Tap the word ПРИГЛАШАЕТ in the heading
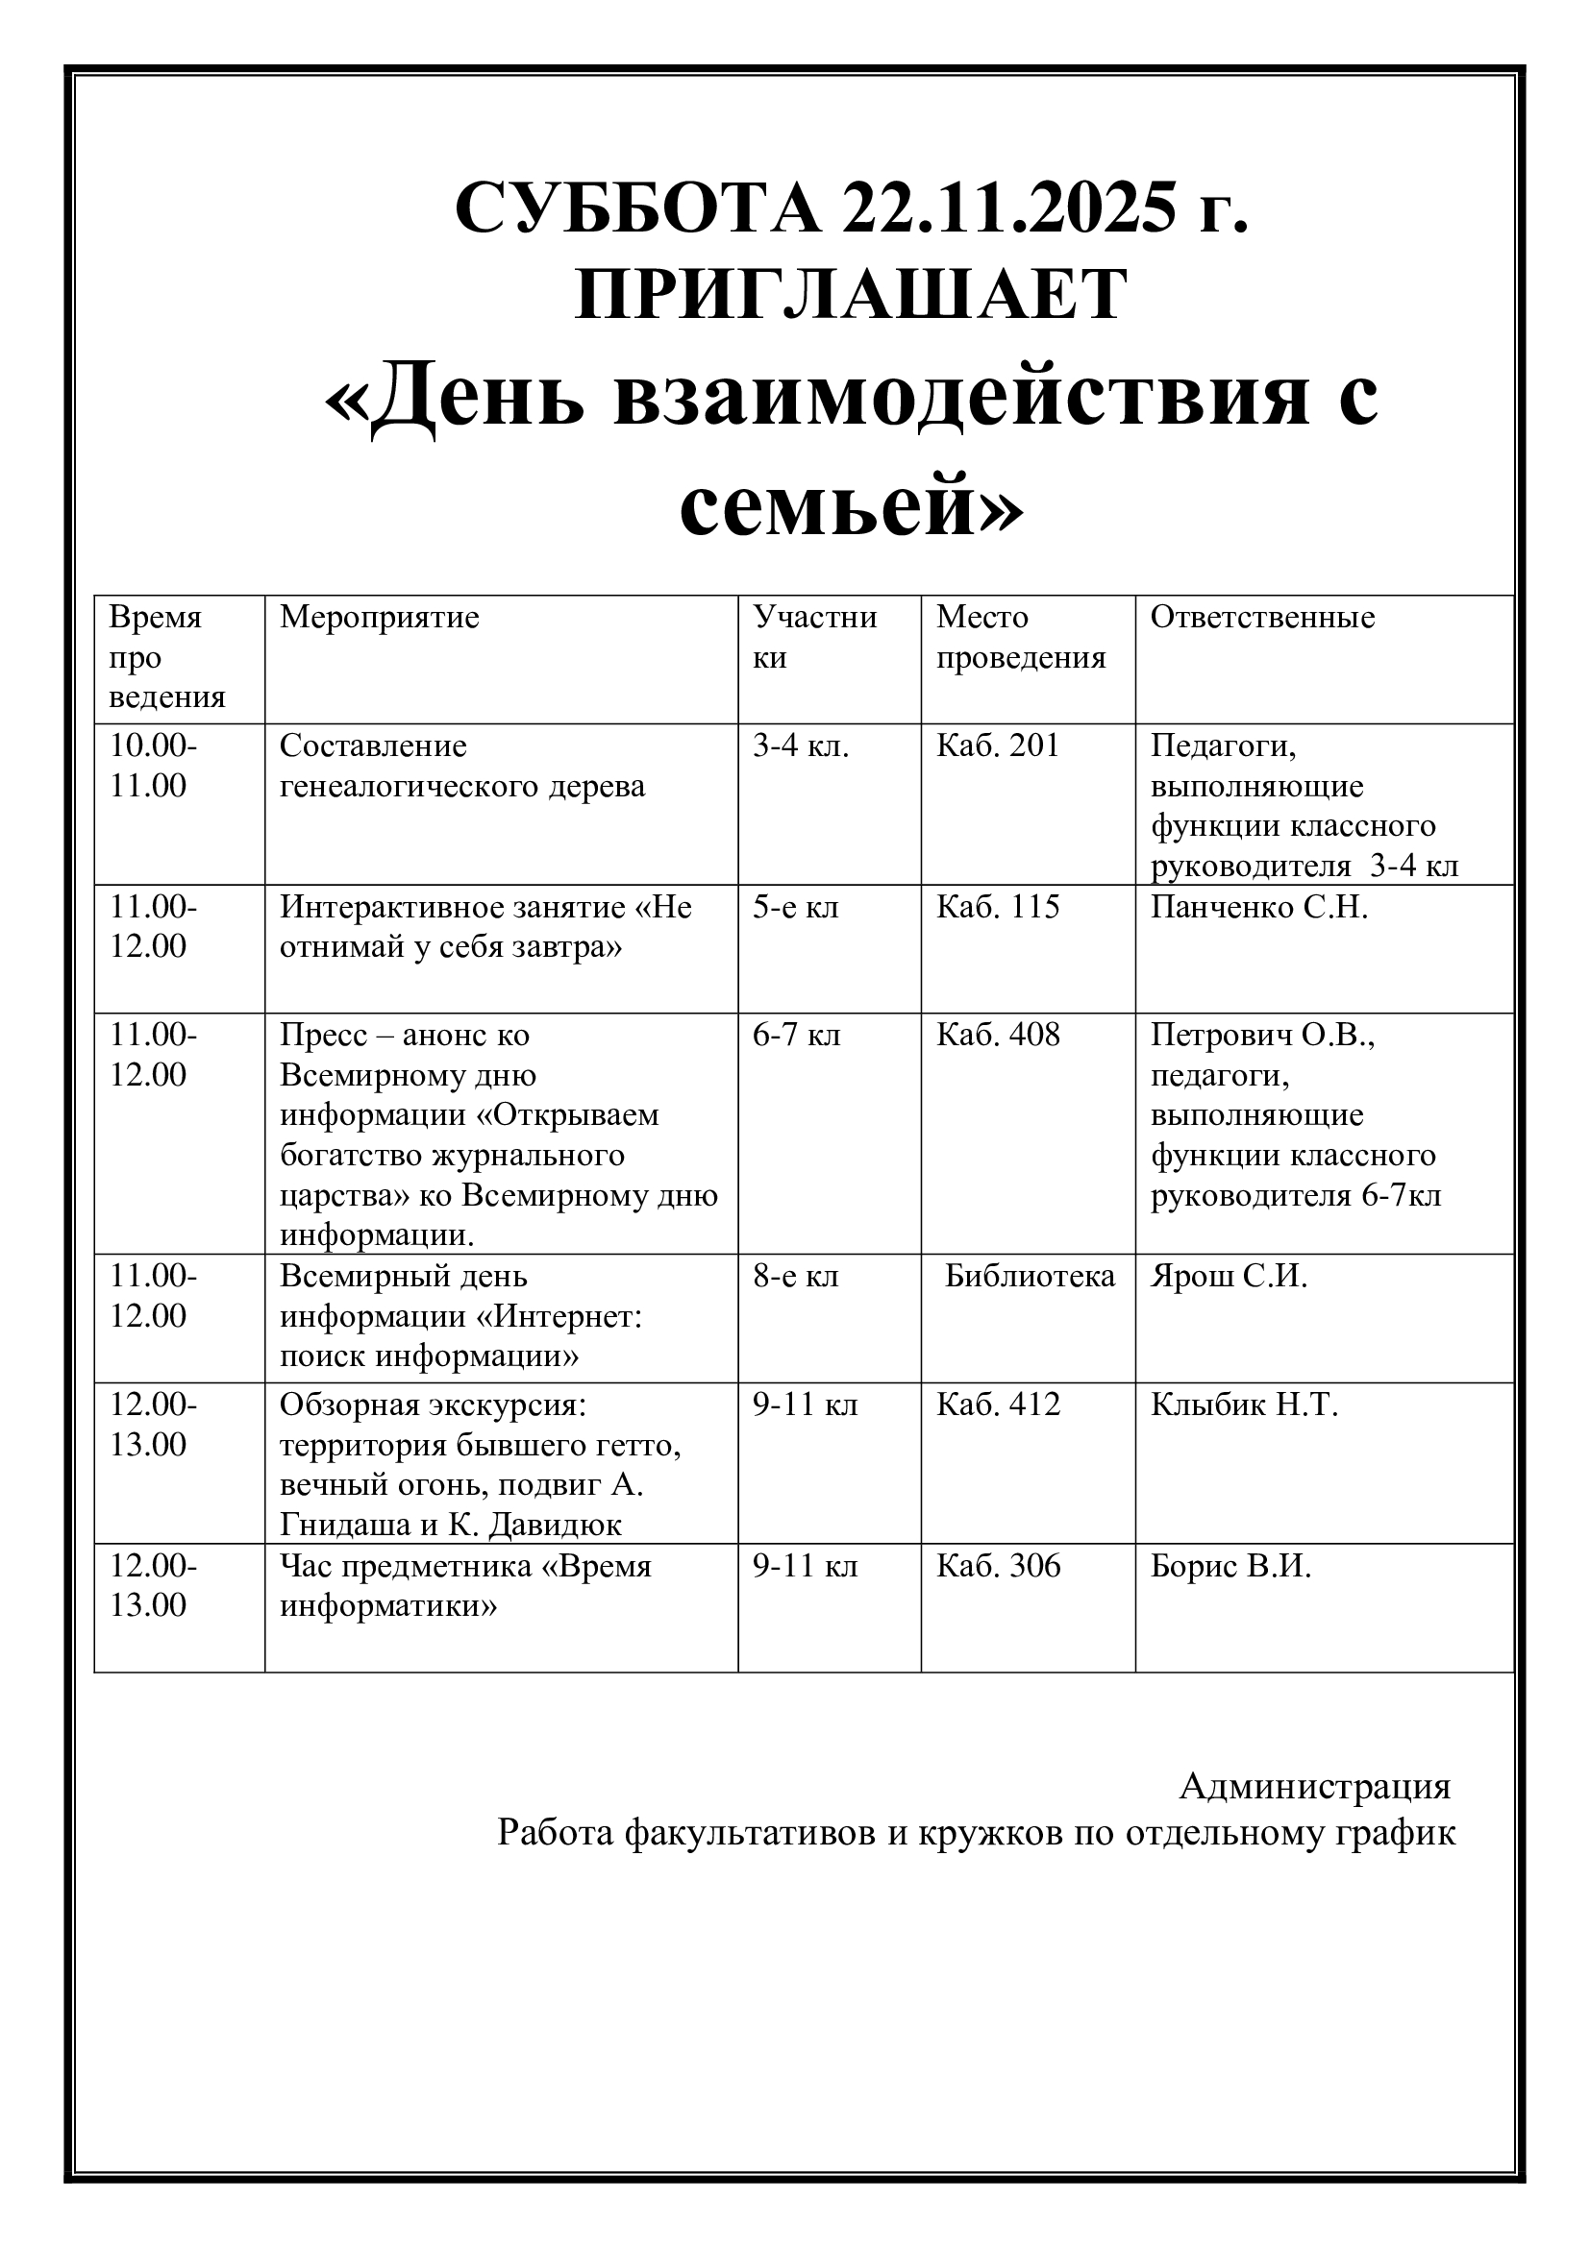click(x=851, y=295)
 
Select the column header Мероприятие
click(x=379, y=618)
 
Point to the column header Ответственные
click(x=1262, y=618)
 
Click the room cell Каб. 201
click(x=998, y=745)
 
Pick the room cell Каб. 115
click(x=998, y=907)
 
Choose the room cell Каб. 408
click(x=998, y=1036)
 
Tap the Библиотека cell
click(x=1030, y=1276)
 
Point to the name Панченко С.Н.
click(x=1258, y=907)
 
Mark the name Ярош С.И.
click(x=1229, y=1276)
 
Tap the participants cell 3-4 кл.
click(x=800, y=745)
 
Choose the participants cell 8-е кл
click(x=795, y=1276)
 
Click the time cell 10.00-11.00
click(x=153, y=766)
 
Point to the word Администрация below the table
click(x=1314, y=1786)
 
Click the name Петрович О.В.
click(x=1262, y=1036)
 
